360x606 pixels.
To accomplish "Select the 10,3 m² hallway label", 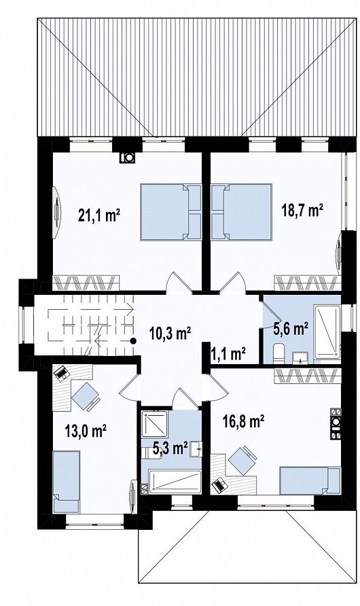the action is (x=170, y=332).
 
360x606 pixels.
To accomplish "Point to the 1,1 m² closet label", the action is (x=228, y=353).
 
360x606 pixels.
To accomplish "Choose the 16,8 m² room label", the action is (x=243, y=421).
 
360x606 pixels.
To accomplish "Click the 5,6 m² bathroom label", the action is (x=291, y=329).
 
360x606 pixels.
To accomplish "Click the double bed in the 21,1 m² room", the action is (x=170, y=212).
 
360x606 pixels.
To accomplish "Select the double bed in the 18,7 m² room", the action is (x=241, y=212).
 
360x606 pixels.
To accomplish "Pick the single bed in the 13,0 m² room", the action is (x=66, y=482).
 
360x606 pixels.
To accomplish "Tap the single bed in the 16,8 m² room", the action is (x=310, y=480).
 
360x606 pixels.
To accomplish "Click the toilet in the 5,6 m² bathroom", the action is (x=278, y=354).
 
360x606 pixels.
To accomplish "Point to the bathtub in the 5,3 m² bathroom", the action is (x=175, y=482).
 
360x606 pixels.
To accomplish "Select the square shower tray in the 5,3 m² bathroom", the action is (x=154, y=424).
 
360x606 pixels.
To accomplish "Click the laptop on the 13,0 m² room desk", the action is (x=60, y=373).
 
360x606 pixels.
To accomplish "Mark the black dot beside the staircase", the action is (x=133, y=341).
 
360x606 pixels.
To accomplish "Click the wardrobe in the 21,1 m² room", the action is (x=86, y=283).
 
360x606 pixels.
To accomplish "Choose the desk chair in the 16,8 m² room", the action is (x=242, y=460).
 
